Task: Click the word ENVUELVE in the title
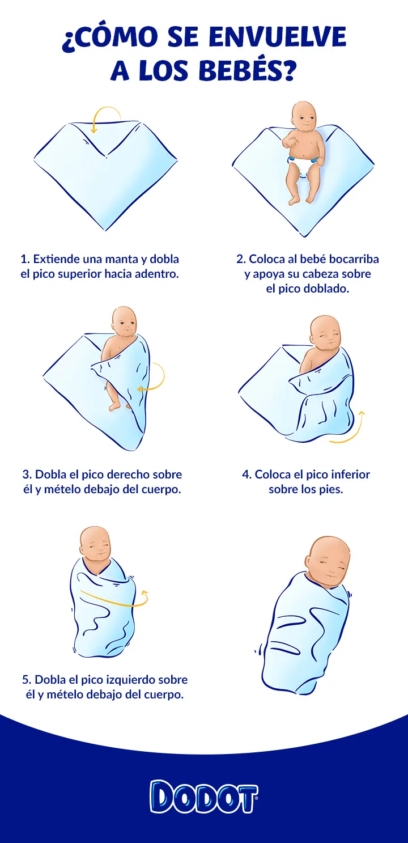point(278,38)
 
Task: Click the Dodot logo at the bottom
point(204,797)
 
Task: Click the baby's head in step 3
point(124,322)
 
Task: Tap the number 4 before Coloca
point(246,475)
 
